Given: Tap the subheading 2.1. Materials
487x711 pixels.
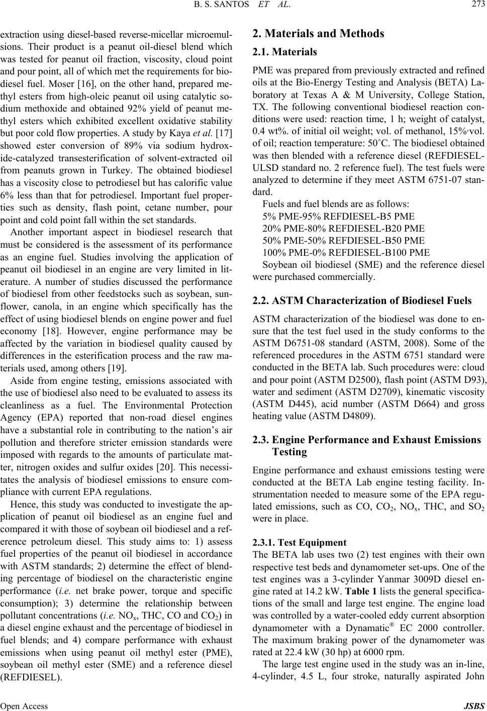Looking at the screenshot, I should pyautogui.click(x=284, y=52).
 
